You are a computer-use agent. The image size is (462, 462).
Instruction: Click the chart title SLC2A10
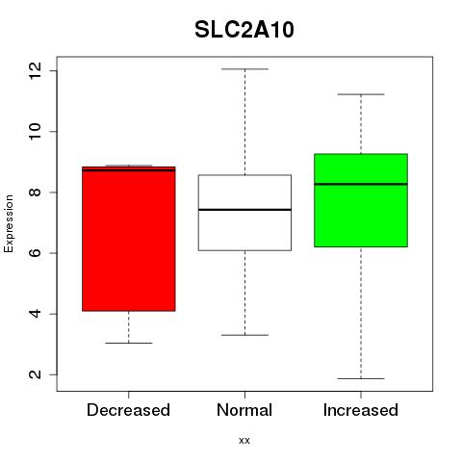244,30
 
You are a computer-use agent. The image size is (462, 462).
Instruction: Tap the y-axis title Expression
9,223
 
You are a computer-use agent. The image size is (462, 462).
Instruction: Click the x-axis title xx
244,441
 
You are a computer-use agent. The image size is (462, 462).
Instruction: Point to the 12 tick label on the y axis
35,70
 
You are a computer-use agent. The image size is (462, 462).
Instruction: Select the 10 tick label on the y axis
35,131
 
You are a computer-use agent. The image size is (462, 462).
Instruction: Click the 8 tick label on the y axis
35,192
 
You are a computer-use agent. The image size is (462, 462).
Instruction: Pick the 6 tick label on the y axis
35,253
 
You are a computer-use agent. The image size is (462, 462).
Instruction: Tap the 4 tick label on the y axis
35,314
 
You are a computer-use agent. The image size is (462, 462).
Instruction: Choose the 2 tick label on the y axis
35,374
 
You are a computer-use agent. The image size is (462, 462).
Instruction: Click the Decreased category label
128,410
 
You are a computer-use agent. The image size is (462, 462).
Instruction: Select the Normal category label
244,410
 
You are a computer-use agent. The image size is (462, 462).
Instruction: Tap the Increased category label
361,410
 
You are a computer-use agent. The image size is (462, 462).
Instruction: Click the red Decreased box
129,239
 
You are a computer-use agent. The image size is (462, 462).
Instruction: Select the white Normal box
244,213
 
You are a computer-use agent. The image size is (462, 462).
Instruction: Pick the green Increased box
361,200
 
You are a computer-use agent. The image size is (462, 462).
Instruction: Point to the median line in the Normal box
244,210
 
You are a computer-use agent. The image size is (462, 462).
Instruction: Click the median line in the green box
361,184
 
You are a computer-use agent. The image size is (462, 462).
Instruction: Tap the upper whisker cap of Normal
244,69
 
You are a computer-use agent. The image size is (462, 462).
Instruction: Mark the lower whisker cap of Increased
361,378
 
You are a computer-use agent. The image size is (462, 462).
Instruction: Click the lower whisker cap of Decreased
129,343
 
